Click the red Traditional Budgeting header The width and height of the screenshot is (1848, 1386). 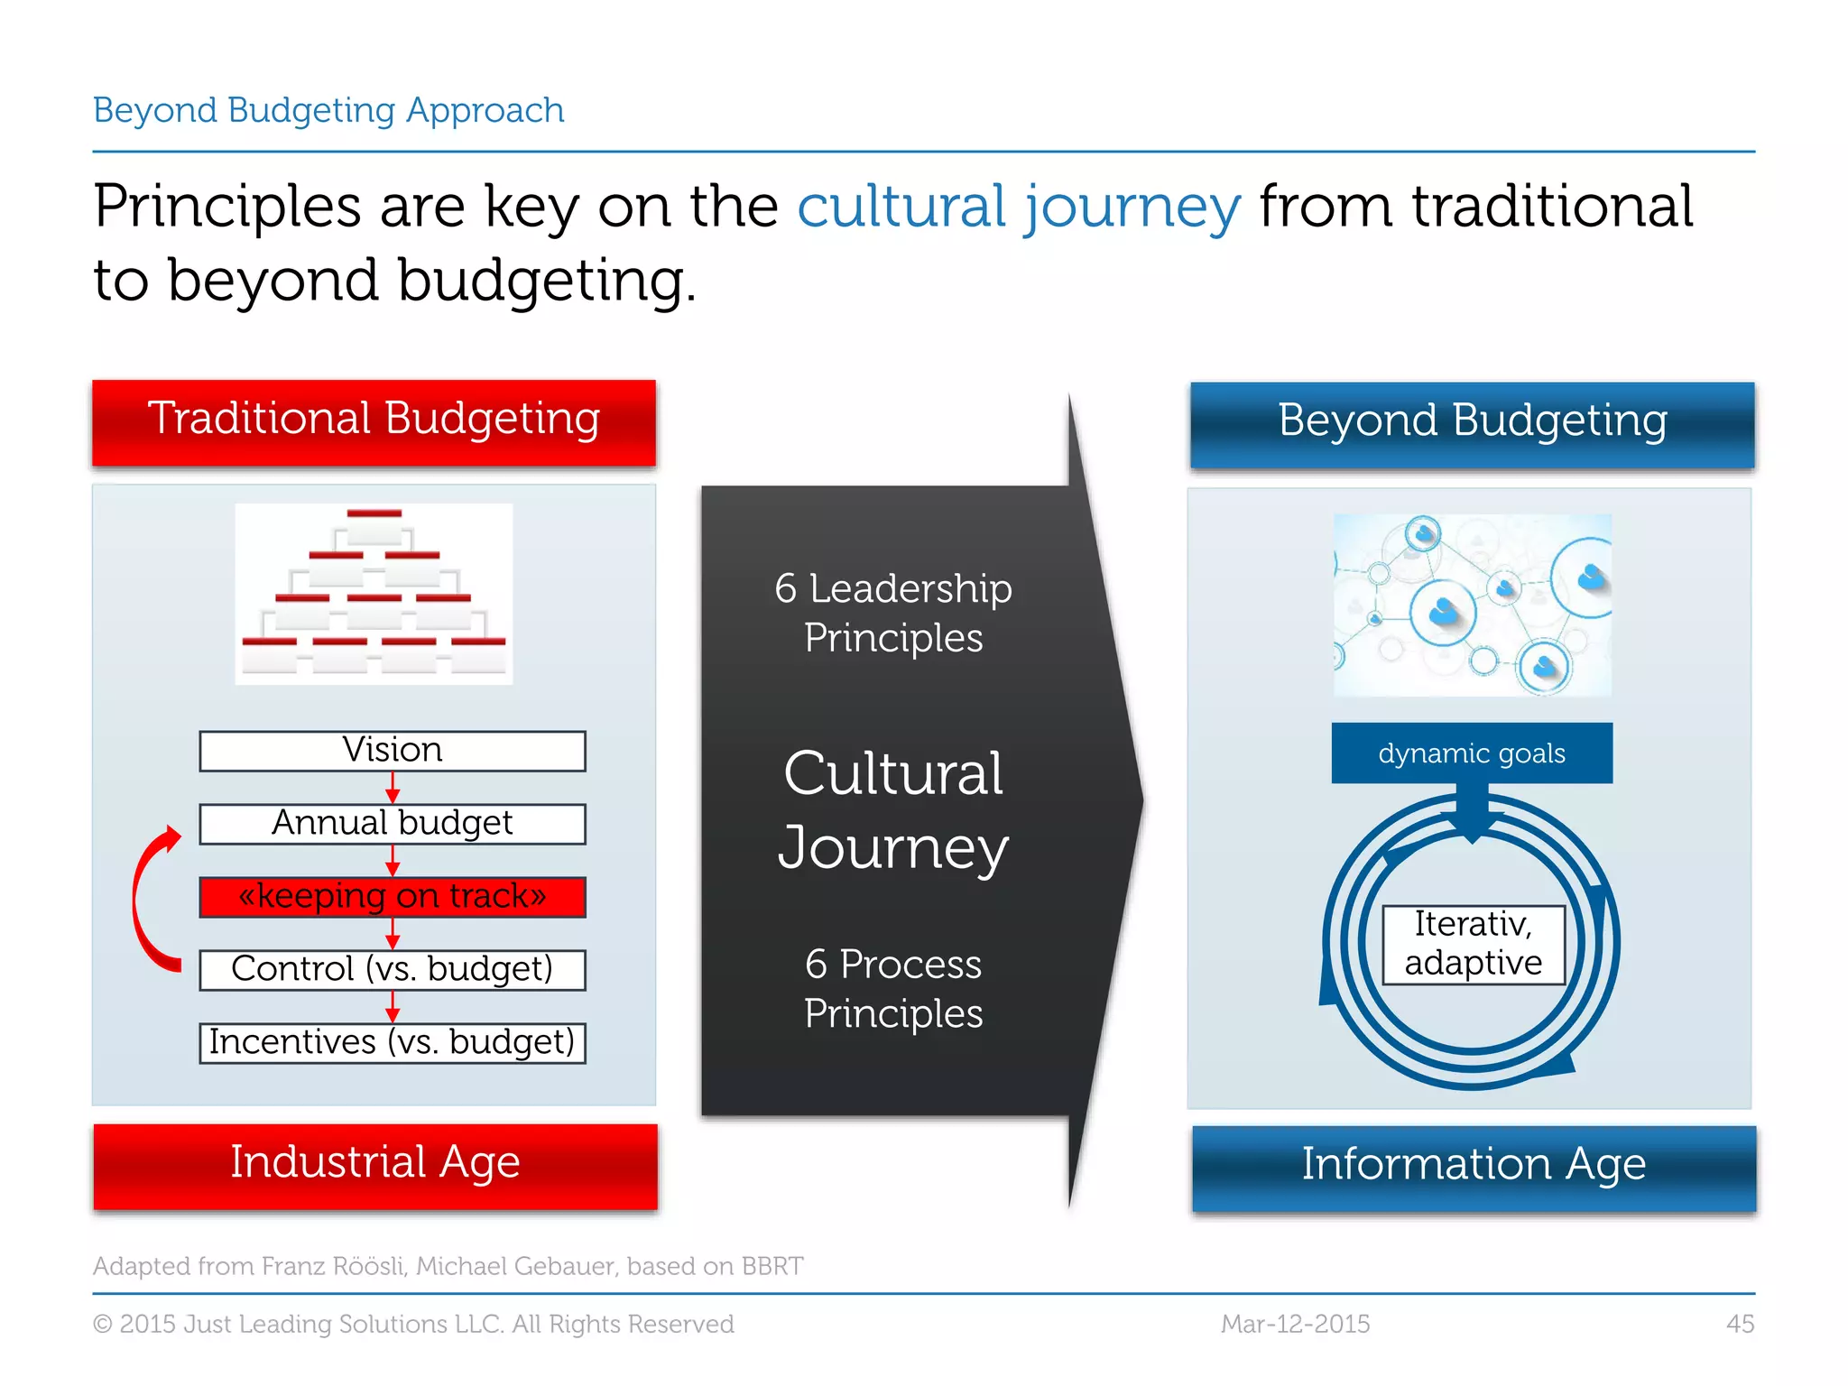click(x=374, y=421)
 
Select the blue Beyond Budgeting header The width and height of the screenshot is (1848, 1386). click(x=1472, y=423)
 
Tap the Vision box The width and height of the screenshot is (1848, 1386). click(x=393, y=751)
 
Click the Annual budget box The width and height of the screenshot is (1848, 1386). click(x=393, y=824)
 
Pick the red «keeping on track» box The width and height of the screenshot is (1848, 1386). click(x=393, y=897)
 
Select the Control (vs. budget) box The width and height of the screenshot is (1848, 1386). click(x=393, y=970)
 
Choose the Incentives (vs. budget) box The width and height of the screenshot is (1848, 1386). click(x=393, y=1043)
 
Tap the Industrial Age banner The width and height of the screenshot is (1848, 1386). click(x=375, y=1165)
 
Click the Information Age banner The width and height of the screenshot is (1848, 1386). click(x=1474, y=1167)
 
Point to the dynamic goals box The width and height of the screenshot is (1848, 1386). click(x=1472, y=753)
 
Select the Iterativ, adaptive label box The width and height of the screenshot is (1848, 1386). click(x=1473, y=944)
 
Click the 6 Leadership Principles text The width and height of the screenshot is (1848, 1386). click(x=893, y=614)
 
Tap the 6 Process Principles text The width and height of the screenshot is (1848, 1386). click(x=893, y=989)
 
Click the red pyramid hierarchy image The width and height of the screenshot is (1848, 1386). click(x=374, y=594)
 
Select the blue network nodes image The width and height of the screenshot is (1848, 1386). click(x=1472, y=605)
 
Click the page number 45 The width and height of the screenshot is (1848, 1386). click(x=1740, y=1324)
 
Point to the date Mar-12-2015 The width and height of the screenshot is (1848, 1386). click(x=1295, y=1324)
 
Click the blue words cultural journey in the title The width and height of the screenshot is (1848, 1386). click(x=1019, y=208)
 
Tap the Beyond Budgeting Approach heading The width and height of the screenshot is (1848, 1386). click(x=328, y=110)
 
